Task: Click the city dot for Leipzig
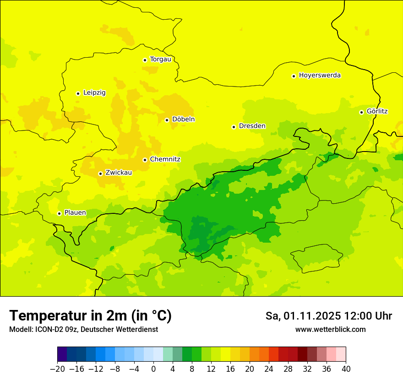(78, 93)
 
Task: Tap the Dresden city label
(252, 126)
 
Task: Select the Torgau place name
(160, 59)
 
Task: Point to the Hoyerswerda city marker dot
(294, 76)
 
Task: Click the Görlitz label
(377, 111)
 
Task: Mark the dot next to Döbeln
(167, 120)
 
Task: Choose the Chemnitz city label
(165, 159)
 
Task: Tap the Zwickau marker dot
(100, 174)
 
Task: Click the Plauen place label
(75, 212)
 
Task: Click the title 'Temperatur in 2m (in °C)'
(90, 315)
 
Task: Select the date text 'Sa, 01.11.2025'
(303, 316)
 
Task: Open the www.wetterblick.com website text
(330, 329)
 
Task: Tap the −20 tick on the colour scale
(57, 369)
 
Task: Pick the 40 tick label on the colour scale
(346, 369)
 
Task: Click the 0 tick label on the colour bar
(153, 369)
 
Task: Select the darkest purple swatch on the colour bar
(62, 354)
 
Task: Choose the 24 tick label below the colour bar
(269, 369)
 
